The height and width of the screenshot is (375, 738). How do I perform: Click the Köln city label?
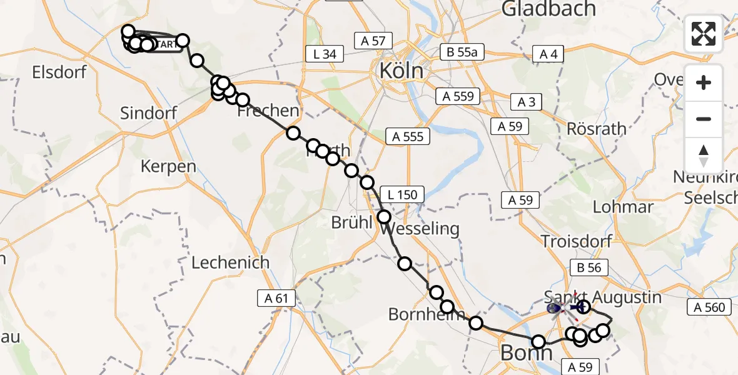point(402,71)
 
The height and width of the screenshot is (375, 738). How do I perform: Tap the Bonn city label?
point(527,354)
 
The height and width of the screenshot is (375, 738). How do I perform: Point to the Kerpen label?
point(169,167)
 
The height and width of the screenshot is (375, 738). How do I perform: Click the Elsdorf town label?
point(59,72)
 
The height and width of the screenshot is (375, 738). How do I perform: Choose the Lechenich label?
point(230,262)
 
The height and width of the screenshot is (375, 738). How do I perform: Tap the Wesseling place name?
point(420,229)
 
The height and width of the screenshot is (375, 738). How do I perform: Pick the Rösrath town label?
point(596,129)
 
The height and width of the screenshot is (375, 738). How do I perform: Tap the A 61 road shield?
point(276,299)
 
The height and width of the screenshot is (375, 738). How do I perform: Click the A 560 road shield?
point(709,307)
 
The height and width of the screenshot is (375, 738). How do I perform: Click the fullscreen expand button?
point(704,34)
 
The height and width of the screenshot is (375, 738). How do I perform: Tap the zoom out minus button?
point(704,119)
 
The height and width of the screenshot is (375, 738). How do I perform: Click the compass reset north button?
point(704,155)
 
